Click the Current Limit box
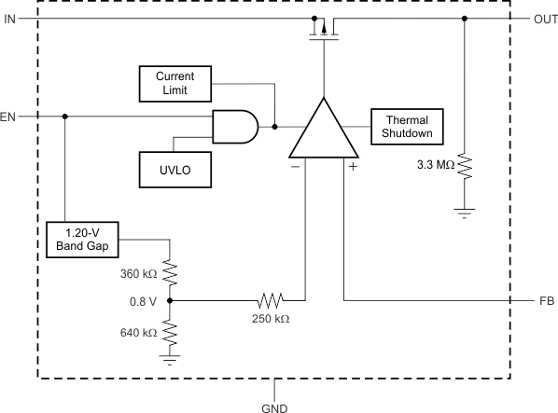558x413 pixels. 174,84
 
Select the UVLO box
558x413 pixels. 174,170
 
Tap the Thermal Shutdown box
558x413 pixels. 407,127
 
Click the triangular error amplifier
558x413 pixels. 323,131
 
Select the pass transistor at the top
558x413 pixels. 323,28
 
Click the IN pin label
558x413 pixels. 9,19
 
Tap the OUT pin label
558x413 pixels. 544,19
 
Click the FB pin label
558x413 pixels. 546,301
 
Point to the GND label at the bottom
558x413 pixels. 275,406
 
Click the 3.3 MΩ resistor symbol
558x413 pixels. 464,168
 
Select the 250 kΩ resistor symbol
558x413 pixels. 270,301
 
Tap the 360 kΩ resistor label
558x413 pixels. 138,275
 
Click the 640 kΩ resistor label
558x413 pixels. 138,331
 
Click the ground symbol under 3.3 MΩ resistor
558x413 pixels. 464,213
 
